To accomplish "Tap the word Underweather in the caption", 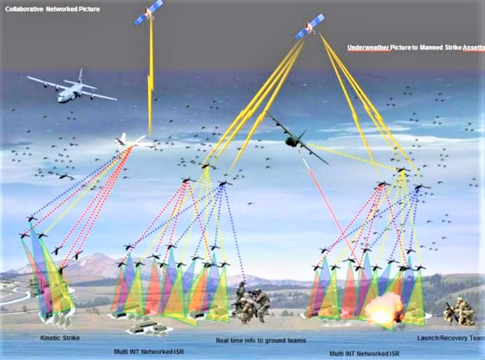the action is coord(369,48).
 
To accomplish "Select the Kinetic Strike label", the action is coord(60,338).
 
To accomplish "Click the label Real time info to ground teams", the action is coord(261,341).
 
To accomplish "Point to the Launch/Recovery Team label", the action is coord(451,338).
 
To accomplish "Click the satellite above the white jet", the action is coord(148,13).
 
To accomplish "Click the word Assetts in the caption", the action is coord(473,48).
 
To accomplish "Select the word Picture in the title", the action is coord(89,9).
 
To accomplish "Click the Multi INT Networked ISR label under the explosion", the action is coord(364,354).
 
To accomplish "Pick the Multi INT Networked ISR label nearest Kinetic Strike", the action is coord(149,352).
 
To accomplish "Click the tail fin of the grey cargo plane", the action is coord(81,75).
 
